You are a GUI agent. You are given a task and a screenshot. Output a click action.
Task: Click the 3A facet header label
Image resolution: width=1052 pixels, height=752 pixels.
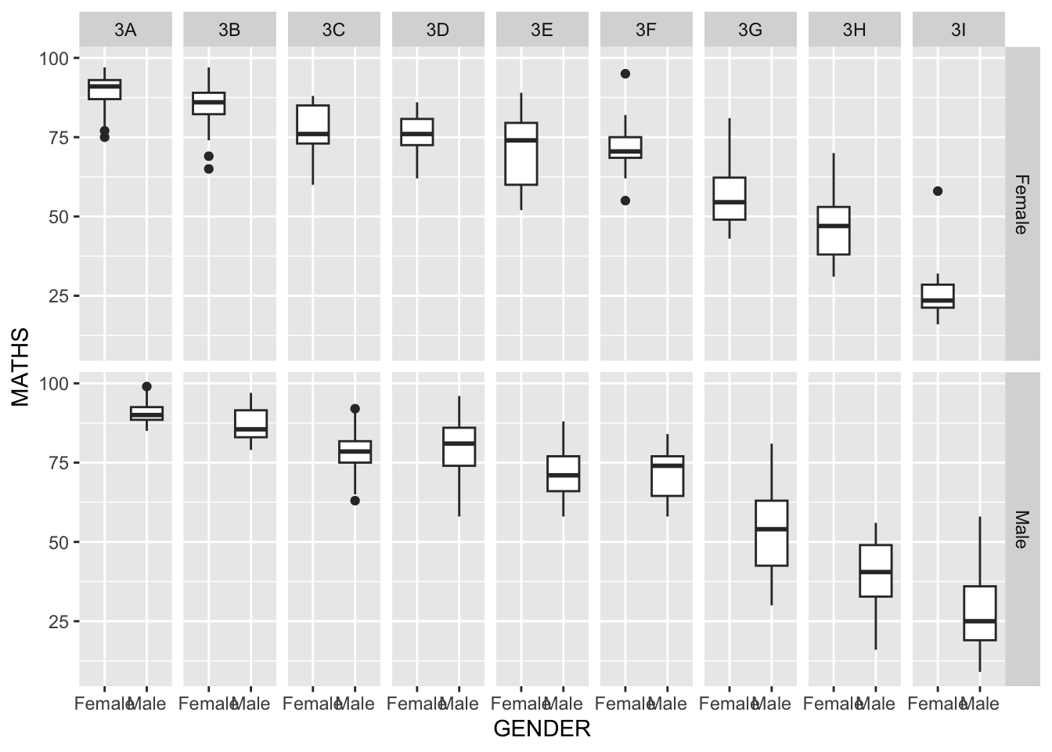point(125,31)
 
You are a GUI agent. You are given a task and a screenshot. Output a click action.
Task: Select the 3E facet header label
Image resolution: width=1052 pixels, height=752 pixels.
point(542,31)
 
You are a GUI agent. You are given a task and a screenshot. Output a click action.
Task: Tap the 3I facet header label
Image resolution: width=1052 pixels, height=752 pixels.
point(958,31)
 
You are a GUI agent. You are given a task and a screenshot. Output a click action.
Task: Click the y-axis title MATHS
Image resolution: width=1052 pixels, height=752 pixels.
point(20,367)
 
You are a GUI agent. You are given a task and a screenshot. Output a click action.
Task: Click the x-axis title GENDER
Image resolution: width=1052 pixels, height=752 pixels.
point(542,729)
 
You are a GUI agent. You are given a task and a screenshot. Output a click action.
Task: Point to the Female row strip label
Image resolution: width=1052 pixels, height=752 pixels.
point(1021,204)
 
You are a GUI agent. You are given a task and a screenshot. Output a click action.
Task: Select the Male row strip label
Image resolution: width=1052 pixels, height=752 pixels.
point(1021,530)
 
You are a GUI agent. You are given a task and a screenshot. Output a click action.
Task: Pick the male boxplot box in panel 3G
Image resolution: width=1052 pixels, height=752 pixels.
point(771,533)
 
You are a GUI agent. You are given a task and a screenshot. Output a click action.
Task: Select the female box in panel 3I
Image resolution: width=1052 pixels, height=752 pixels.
point(938,296)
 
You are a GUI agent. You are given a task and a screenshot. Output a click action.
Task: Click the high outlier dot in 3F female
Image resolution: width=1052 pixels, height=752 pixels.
point(625,74)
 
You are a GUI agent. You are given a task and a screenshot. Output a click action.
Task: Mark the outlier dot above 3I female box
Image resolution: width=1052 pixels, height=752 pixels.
point(938,191)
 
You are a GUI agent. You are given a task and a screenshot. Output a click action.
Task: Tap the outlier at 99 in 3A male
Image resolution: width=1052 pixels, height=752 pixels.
point(146,386)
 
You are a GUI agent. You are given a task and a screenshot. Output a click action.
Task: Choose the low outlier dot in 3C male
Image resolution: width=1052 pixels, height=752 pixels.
point(355,501)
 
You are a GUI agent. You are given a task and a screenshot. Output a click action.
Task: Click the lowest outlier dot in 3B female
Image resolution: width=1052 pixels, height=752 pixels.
point(209,168)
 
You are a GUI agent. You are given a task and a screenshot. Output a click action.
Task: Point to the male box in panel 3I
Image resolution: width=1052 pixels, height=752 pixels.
point(979,613)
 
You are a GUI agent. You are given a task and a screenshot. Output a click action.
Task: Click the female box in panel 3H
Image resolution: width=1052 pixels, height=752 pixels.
point(834,230)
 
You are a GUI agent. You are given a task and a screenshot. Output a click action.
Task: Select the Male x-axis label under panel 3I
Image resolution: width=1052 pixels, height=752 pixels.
point(980,704)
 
